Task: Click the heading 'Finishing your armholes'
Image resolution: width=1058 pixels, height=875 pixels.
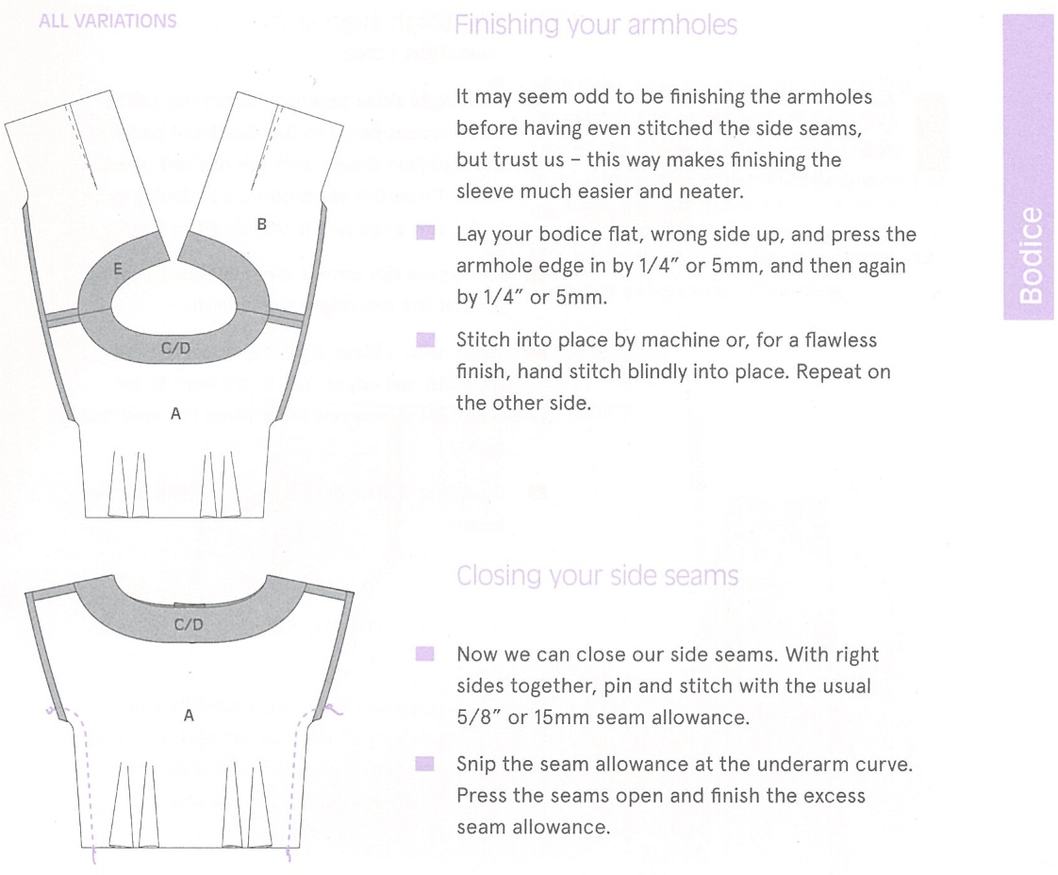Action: (595, 25)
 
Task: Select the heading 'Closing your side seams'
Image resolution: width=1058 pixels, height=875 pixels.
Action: (596, 576)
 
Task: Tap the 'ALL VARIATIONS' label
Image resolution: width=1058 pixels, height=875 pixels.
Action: (107, 21)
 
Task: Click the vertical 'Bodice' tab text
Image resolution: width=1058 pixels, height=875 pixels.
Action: (1032, 256)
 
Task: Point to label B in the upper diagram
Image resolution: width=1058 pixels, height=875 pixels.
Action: (262, 224)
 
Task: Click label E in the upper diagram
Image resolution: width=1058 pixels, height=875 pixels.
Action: (117, 270)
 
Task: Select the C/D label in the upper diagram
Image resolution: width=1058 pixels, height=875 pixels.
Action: (175, 350)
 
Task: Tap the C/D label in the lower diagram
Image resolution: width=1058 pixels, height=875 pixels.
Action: (189, 625)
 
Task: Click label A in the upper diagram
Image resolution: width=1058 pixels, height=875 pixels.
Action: (175, 412)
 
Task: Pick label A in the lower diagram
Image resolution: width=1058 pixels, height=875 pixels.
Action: (189, 716)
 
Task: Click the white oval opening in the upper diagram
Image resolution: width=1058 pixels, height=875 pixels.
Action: (176, 301)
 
